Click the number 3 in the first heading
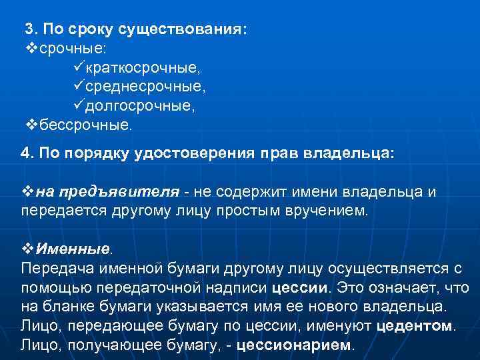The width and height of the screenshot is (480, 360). [x=28, y=29]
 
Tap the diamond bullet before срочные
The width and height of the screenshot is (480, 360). [x=28, y=49]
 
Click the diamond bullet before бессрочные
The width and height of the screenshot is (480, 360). [x=28, y=125]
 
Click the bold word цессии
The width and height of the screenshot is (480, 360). [x=299, y=288]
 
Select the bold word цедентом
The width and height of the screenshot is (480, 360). [x=415, y=327]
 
